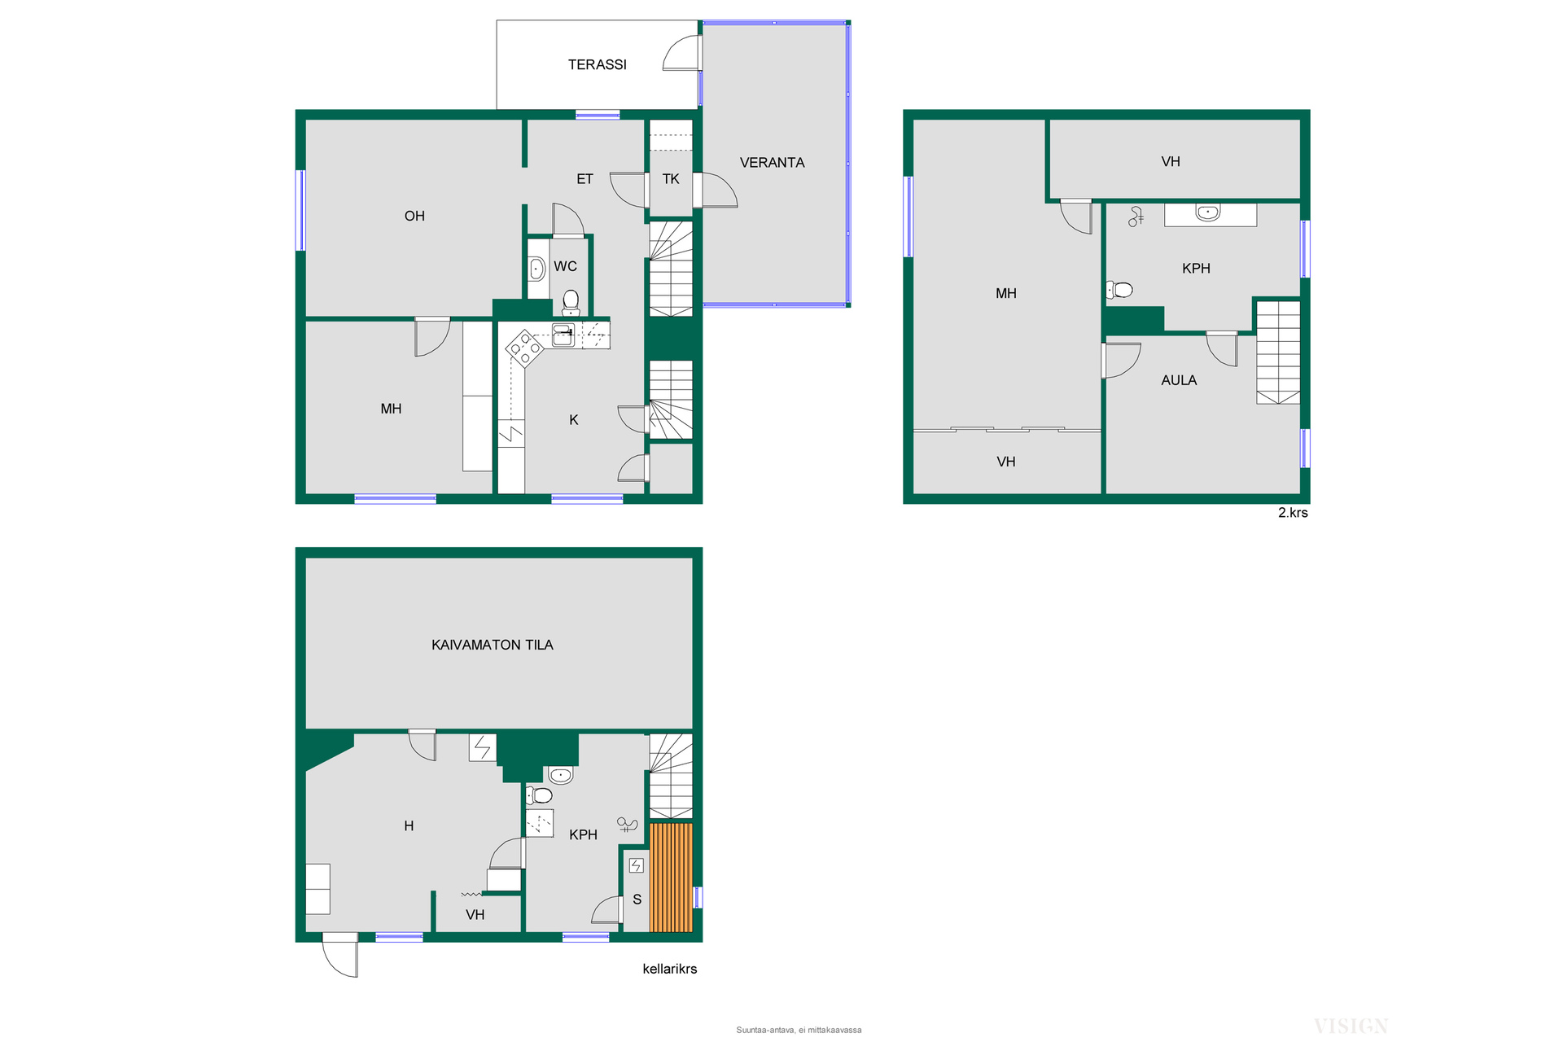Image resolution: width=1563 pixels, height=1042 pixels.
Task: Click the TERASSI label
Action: [x=597, y=64]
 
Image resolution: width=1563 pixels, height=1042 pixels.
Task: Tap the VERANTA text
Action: [x=772, y=163]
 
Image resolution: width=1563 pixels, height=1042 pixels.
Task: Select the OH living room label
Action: [x=414, y=216]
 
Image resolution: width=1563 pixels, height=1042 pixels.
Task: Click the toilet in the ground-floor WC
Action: [x=571, y=302]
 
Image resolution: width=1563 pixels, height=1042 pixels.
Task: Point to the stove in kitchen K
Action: [x=525, y=349]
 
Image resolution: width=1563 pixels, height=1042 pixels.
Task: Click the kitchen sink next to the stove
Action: [x=563, y=335]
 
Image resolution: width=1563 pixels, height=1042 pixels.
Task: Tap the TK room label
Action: [x=671, y=179]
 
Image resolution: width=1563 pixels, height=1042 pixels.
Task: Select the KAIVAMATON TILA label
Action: [x=492, y=645]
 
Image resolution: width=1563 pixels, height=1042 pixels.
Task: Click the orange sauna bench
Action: [x=671, y=878]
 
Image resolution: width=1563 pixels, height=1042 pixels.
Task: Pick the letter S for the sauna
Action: [x=637, y=900]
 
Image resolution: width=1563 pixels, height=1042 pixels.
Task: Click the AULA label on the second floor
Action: [x=1179, y=380]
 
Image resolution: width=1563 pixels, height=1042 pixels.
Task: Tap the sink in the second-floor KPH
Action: [x=1208, y=213]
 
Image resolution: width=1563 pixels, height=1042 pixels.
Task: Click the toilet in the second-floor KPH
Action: [x=1119, y=290]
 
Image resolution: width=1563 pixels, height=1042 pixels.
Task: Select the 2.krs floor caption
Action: [x=1293, y=513]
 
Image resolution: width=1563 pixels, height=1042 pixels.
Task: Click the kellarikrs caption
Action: [x=669, y=969]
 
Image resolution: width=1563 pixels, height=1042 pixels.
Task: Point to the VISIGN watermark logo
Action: [x=1351, y=1026]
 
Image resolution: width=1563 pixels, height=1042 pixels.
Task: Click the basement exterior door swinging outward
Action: [x=340, y=955]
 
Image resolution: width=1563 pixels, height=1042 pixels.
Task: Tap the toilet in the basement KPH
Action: [x=539, y=795]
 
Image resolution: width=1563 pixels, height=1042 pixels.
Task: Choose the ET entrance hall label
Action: [x=584, y=179]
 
